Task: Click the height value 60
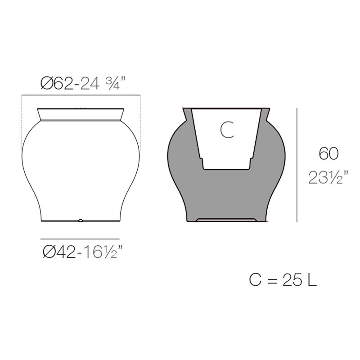click(x=328, y=154)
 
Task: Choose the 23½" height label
click(x=328, y=178)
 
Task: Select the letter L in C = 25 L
click(x=312, y=280)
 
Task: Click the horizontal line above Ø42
click(x=80, y=239)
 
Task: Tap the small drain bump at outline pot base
click(x=81, y=220)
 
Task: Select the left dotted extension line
click(x=22, y=121)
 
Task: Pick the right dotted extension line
click(x=140, y=121)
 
